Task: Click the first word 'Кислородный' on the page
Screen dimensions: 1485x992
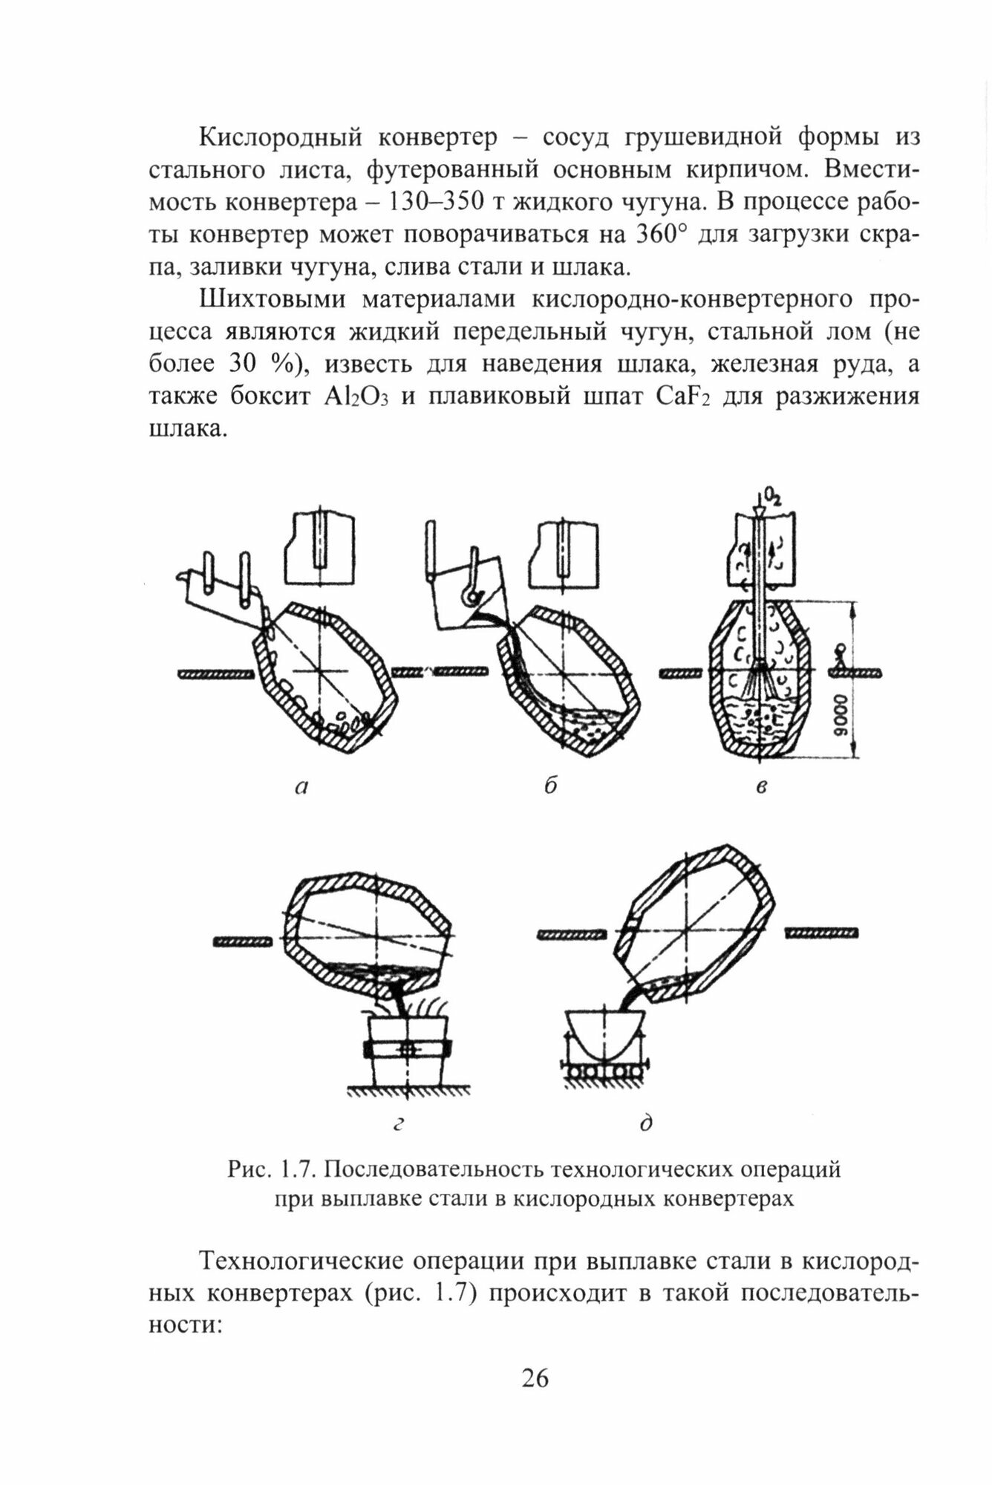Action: coord(282,138)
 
